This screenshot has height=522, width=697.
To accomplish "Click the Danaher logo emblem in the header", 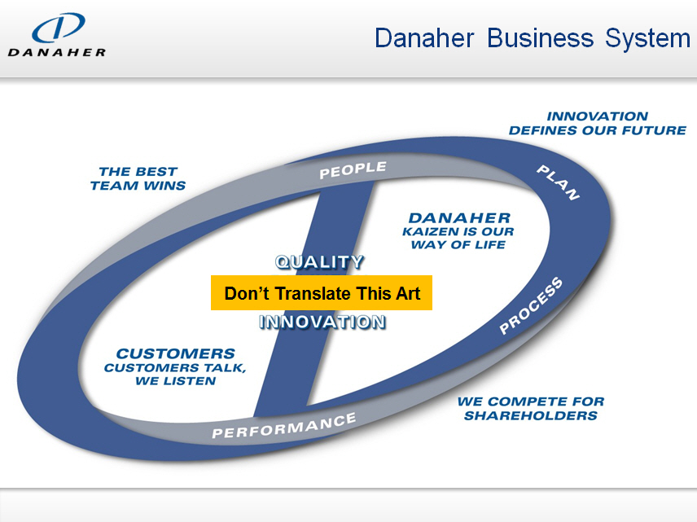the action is [x=59, y=28].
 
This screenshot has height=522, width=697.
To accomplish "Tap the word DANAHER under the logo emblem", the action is [x=57, y=52].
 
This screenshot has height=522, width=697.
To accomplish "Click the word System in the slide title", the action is [x=647, y=38].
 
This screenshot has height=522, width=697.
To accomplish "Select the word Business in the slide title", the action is [x=540, y=37].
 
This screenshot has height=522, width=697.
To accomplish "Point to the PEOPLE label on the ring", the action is [x=353, y=170].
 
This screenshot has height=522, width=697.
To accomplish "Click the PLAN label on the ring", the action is [x=558, y=182].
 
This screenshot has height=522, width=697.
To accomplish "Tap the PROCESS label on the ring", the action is [x=531, y=305].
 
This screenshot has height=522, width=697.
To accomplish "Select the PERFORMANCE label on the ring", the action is [x=284, y=426].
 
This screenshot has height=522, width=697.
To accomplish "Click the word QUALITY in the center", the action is [x=320, y=262].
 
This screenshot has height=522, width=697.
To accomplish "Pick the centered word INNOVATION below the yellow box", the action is [x=322, y=322].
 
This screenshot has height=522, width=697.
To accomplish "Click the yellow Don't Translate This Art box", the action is [x=322, y=292].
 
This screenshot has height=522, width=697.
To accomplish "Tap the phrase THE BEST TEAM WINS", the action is [x=138, y=178].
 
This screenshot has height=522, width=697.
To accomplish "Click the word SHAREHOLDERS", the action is [x=531, y=415].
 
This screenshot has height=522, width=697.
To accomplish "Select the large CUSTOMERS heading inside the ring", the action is [x=176, y=353].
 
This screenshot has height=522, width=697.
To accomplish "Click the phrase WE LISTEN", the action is [x=176, y=380].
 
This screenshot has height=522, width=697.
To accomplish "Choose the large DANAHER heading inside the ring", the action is [x=459, y=218].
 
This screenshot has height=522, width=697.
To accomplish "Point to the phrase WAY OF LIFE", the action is [x=458, y=244].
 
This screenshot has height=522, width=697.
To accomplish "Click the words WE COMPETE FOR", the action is [x=531, y=401].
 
